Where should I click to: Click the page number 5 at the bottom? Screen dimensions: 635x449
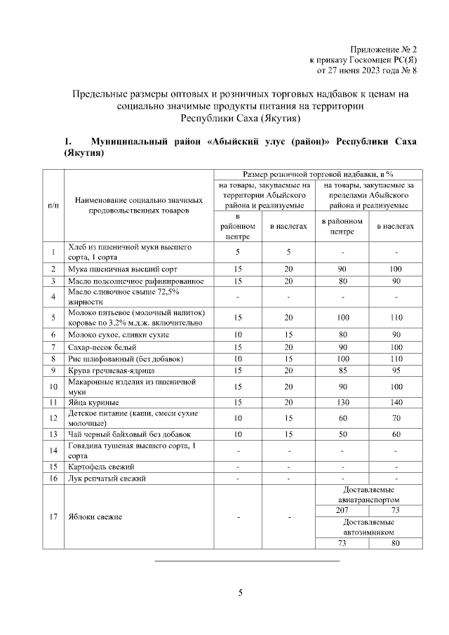pyautogui.click(x=240, y=594)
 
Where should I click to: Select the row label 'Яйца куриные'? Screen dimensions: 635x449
pyautogui.click(x=93, y=403)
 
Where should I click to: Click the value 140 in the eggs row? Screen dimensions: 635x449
pyautogui.click(x=396, y=403)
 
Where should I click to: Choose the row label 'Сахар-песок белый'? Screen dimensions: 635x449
pyautogui.click(x=102, y=347)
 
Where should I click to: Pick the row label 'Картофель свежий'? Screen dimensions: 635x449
pyautogui.click(x=102, y=467)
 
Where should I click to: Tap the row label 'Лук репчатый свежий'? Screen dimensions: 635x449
pyautogui.click(x=106, y=479)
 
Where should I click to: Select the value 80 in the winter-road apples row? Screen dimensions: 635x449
pyautogui.click(x=396, y=542)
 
